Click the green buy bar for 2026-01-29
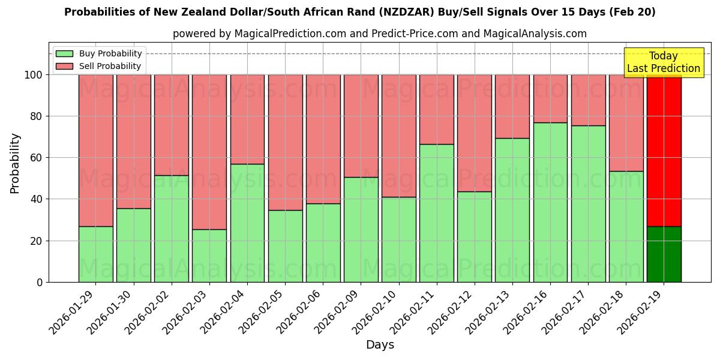point(95,254)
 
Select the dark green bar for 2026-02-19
point(664,254)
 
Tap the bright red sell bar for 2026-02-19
point(664,150)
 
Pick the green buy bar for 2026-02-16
point(550,202)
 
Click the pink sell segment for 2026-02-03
point(209,152)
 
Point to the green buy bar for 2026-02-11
point(436,213)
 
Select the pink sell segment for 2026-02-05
point(285,142)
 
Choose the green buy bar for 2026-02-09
point(361,229)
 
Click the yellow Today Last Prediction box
point(663,62)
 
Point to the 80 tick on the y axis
point(37,116)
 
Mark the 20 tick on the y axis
point(37,241)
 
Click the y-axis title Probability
point(15,163)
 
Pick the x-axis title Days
point(380,345)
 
